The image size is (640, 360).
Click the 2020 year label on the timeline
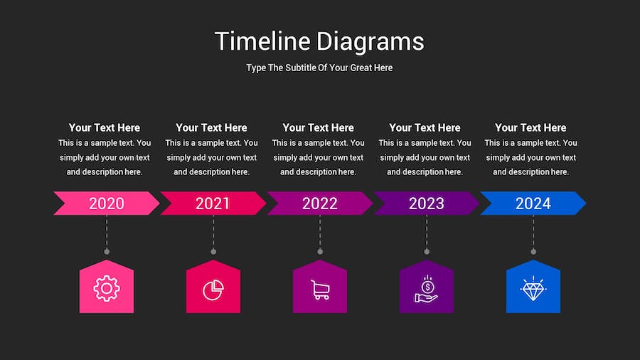(107, 203)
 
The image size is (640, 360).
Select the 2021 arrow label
(213, 203)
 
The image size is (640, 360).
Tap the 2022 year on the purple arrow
(319, 203)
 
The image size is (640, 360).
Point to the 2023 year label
(427, 203)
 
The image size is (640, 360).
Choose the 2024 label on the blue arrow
(533, 203)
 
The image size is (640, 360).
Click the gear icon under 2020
(107, 289)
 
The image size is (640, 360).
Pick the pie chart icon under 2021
(213, 290)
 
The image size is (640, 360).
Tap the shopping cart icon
(320, 290)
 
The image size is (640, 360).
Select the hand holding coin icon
(427, 289)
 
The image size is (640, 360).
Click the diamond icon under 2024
(533, 289)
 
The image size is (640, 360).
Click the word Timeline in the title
(262, 41)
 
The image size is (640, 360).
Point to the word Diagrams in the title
(370, 42)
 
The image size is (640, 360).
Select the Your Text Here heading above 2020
(105, 128)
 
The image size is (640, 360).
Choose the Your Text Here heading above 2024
(530, 128)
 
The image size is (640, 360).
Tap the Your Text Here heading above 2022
(319, 128)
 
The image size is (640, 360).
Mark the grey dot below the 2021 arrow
(213, 251)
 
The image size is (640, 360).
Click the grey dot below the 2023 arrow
(427, 251)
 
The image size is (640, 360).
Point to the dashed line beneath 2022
(320, 232)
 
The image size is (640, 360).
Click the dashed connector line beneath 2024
(533, 232)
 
